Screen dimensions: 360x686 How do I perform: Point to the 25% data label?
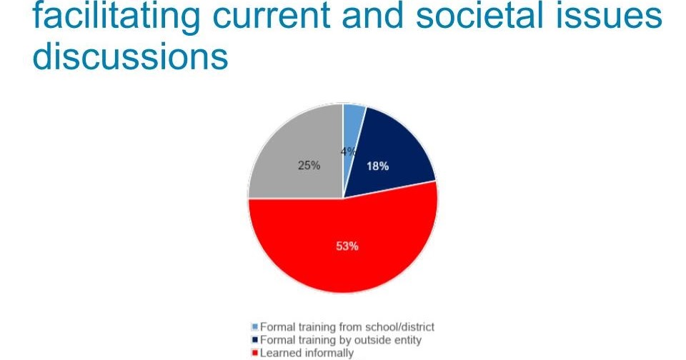(309, 165)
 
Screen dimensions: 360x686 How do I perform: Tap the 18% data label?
(377, 166)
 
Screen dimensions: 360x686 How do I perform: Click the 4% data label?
(348, 151)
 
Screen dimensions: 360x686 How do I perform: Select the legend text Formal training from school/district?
(347, 327)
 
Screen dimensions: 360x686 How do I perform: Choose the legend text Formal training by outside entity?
(341, 340)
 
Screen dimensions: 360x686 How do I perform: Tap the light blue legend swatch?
(255, 327)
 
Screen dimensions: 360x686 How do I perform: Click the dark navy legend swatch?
(255, 340)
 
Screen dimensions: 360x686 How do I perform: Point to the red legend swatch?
(255, 353)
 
